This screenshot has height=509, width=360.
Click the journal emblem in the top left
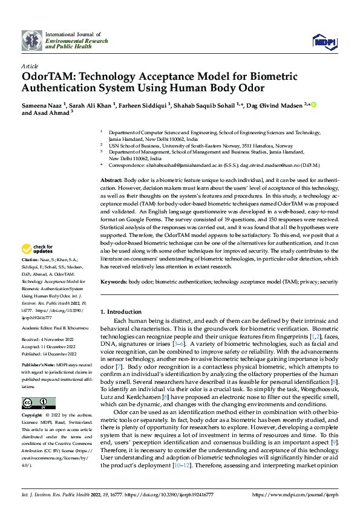click(32, 41)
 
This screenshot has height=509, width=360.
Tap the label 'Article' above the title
click(29, 65)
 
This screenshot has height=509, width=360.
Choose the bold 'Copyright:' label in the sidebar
click(33, 416)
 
